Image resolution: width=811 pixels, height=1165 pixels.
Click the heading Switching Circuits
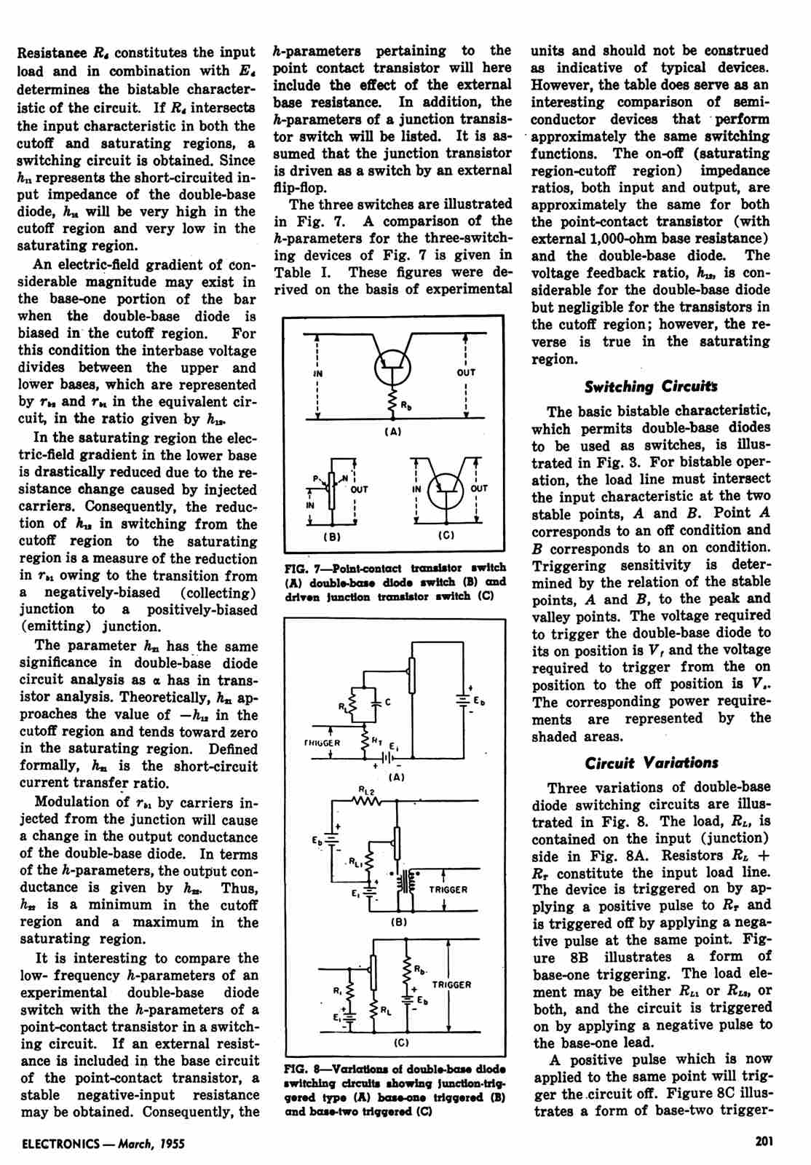[x=651, y=387]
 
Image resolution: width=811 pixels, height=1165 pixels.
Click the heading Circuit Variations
[x=651, y=762]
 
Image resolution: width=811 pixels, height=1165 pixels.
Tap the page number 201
[x=762, y=1142]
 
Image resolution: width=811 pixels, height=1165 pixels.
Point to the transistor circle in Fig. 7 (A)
[x=393, y=368]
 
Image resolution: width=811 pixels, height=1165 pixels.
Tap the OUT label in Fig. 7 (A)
[x=466, y=372]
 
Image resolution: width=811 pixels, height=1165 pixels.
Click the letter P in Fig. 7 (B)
[x=316, y=478]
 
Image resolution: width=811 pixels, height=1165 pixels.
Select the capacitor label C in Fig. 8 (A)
[x=388, y=702]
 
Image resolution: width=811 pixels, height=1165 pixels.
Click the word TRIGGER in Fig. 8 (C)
[x=451, y=984]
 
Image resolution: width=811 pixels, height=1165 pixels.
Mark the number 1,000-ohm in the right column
[x=616, y=239]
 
